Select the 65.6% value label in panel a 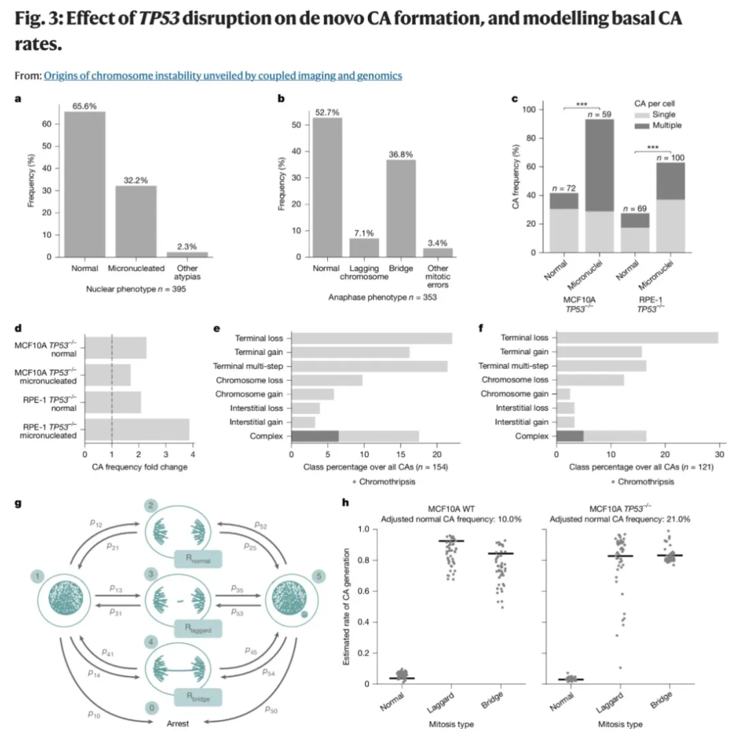pos(85,106)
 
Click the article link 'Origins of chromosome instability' pos(223,76)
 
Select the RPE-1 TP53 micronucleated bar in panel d pos(137,429)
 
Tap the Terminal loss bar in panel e pos(372,338)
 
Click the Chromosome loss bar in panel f pos(590,380)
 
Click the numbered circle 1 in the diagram pos(36,573)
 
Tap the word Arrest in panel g pos(178,724)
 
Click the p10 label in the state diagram pos(94,714)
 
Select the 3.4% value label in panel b pos(438,242)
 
